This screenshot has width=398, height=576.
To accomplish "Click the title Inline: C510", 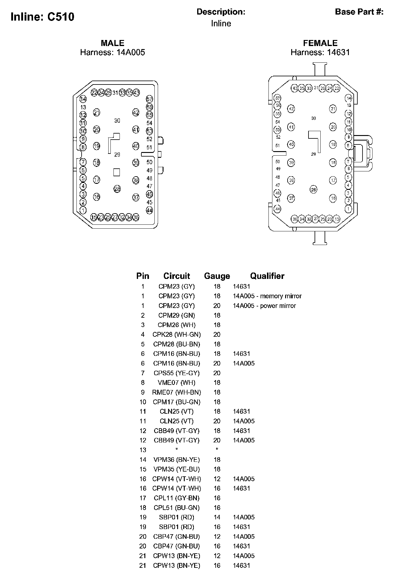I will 42,17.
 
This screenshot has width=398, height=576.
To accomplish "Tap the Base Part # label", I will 359,12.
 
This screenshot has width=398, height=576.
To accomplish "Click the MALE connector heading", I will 113,43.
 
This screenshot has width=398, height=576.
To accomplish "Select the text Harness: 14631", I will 320,52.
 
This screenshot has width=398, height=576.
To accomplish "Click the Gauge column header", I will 217,276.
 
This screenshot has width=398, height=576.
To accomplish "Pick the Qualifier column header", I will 267,276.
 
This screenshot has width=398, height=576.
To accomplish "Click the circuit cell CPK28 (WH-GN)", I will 177,335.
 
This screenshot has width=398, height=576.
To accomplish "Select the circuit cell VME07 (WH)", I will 177,383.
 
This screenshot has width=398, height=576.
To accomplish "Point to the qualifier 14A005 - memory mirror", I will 267,296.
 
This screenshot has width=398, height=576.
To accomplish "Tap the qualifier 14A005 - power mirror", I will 264,306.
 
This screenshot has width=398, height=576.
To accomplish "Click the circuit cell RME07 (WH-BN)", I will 177,392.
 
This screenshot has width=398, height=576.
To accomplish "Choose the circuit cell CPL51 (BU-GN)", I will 177,508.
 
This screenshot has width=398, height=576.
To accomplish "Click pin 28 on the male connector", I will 117,189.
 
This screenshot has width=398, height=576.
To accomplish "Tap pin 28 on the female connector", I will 313,190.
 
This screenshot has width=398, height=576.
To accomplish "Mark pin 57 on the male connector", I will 150,99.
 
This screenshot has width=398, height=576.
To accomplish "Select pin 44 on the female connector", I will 278,209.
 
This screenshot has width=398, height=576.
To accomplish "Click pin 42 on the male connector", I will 136,113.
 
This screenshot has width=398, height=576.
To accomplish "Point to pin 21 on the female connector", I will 333,109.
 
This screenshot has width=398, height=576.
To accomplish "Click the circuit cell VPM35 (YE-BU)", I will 177,469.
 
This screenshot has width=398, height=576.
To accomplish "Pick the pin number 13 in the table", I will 143,450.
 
